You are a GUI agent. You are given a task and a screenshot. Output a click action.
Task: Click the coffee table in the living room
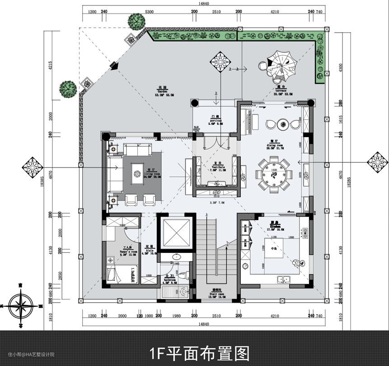[x=137, y=173]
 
